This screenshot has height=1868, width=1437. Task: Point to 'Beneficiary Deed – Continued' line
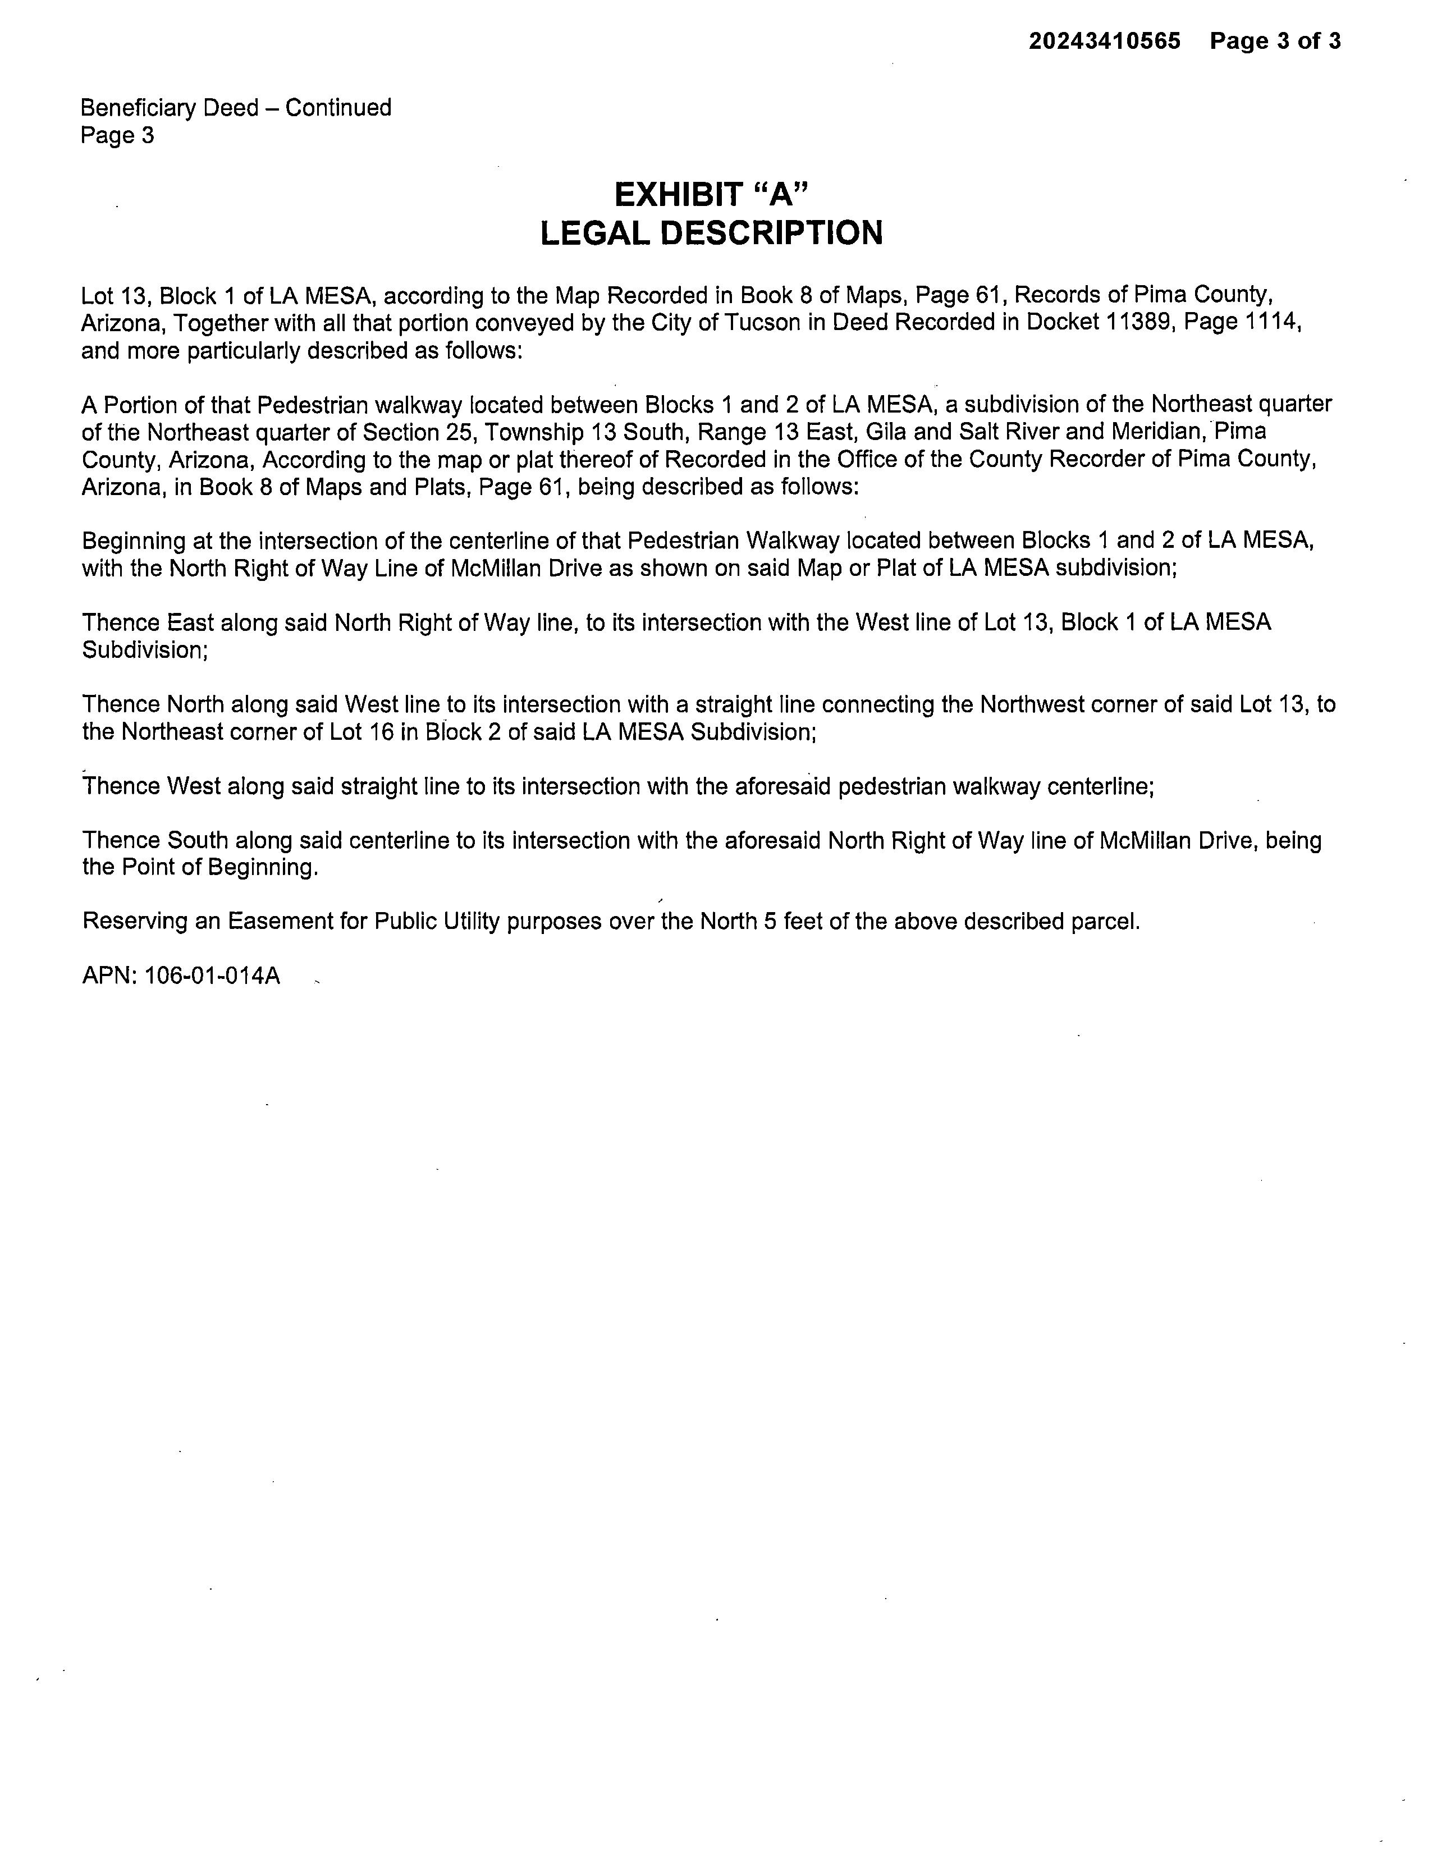point(236,108)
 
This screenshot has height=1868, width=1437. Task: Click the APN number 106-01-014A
point(212,976)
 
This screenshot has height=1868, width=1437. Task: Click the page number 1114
point(1270,322)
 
